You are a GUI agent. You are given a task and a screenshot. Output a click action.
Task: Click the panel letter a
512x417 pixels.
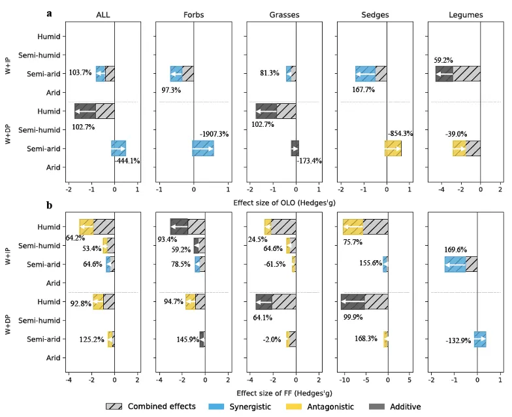(50, 13)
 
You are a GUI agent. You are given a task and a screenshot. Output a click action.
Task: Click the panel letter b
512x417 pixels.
(50, 205)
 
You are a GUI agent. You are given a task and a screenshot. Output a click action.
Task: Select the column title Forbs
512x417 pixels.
(194, 14)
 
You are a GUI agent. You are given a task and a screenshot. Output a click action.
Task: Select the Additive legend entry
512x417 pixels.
(399, 407)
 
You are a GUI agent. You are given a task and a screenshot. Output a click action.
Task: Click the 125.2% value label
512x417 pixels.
(86, 340)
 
